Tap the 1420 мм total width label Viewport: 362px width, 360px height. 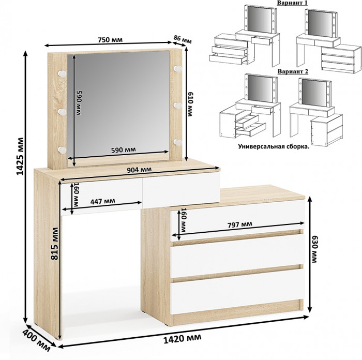(x=182, y=338)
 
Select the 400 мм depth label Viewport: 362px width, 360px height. (x=37, y=342)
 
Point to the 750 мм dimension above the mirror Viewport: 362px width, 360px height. (x=110, y=40)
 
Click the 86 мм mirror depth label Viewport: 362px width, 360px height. (x=182, y=39)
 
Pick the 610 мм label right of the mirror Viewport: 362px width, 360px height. (x=190, y=104)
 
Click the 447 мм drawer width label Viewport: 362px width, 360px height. (x=102, y=201)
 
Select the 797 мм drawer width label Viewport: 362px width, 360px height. (x=240, y=224)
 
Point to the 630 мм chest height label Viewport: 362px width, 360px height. (x=314, y=249)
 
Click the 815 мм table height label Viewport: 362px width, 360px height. (x=55, y=244)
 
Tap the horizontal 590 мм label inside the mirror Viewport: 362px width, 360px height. (x=124, y=150)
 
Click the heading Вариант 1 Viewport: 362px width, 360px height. (x=292, y=3)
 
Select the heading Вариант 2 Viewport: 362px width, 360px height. (x=293, y=71)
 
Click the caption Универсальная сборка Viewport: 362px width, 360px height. (x=274, y=146)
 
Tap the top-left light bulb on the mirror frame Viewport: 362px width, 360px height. (x=62, y=74)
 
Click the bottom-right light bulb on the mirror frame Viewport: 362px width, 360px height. (x=178, y=142)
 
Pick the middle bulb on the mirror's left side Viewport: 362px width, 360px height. (x=62, y=112)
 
